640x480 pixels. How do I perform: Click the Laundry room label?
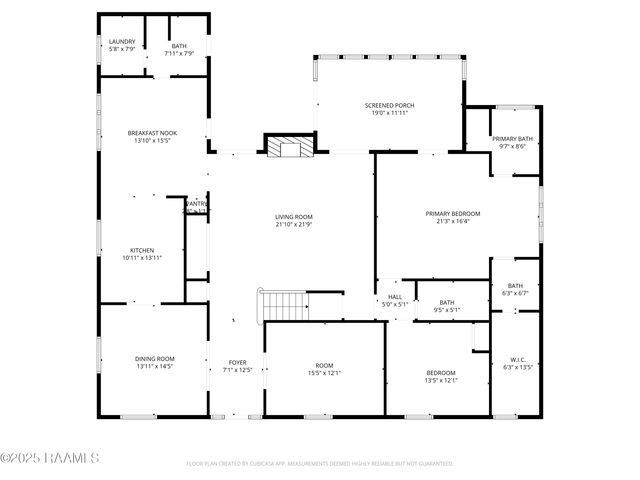coord(121,41)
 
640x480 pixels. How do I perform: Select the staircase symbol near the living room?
coord(283,304)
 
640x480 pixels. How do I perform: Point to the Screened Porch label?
coord(389,105)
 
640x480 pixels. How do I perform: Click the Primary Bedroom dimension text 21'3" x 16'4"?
coord(452,221)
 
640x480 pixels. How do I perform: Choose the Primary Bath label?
coord(512,139)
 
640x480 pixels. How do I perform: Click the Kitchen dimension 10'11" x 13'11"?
coord(142,257)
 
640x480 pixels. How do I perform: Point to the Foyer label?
coord(237,362)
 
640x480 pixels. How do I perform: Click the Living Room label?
coord(294,216)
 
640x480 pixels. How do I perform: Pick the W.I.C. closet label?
coord(517,360)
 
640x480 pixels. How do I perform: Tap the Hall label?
coord(395,296)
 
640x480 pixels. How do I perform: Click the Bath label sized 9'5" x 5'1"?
coord(446,302)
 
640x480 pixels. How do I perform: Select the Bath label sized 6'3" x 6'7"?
coord(515,286)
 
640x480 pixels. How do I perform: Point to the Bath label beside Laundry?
coord(178,46)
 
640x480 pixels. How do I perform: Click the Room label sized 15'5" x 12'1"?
coord(324,365)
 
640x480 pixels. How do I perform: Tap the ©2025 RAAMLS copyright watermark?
coord(49,458)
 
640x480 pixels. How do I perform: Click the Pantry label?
coord(196,204)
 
